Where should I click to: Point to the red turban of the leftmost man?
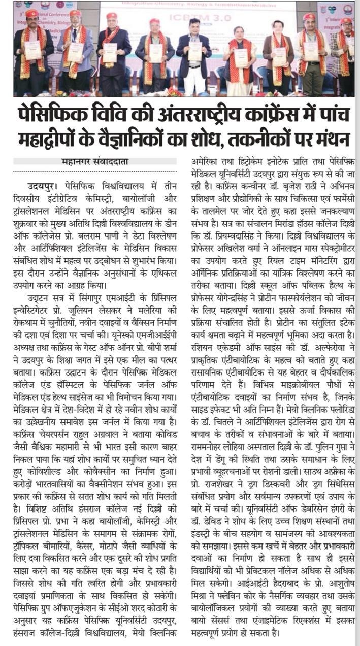click(32, 13)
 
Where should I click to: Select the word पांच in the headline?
click(333, 113)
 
